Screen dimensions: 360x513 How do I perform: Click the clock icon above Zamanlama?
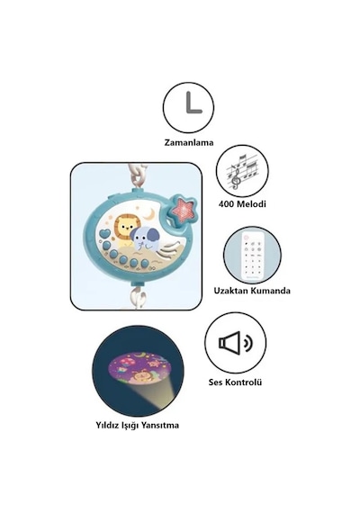[188, 107]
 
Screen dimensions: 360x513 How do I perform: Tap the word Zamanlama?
[189, 142]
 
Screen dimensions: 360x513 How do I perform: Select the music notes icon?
[242, 171]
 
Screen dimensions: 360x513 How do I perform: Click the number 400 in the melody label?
[226, 203]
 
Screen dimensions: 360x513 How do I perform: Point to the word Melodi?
[251, 203]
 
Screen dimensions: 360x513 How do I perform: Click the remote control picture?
[253, 256]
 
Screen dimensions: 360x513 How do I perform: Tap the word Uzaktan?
[229, 291]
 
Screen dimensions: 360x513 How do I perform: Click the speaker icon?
[235, 343]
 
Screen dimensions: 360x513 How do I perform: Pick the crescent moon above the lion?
[149, 214]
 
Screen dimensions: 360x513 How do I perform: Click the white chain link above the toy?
[140, 177]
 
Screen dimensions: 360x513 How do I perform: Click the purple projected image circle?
[139, 370]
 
